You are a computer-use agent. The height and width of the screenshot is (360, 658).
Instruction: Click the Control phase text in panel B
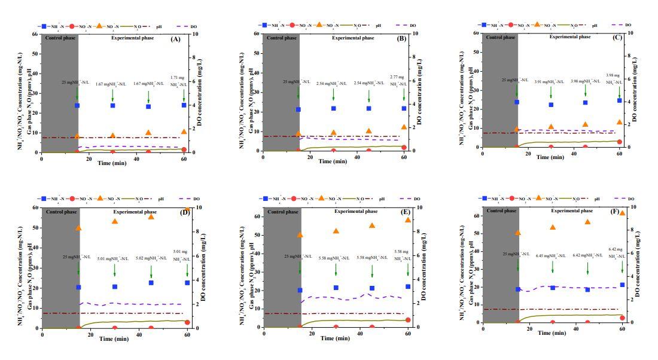point(282,38)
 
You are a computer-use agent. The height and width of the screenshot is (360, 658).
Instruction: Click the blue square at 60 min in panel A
point(184,105)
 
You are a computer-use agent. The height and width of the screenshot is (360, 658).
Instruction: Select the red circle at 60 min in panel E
point(408,320)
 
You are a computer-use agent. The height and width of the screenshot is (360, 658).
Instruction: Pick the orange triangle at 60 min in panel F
point(622,213)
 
